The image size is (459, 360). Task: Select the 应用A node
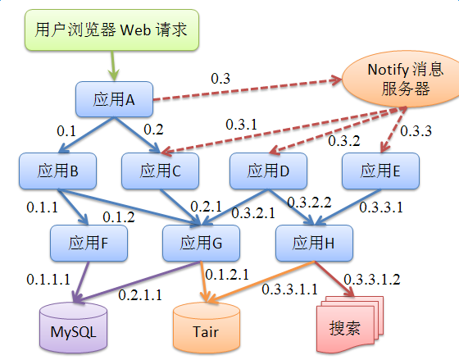coord(114,99)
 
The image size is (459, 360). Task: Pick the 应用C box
coord(160,171)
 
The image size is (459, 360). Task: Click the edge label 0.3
coord(220,80)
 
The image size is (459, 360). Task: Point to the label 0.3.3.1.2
coord(372,279)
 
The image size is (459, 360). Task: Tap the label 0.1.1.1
coord(47,280)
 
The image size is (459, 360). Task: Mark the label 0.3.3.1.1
coord(290,289)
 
